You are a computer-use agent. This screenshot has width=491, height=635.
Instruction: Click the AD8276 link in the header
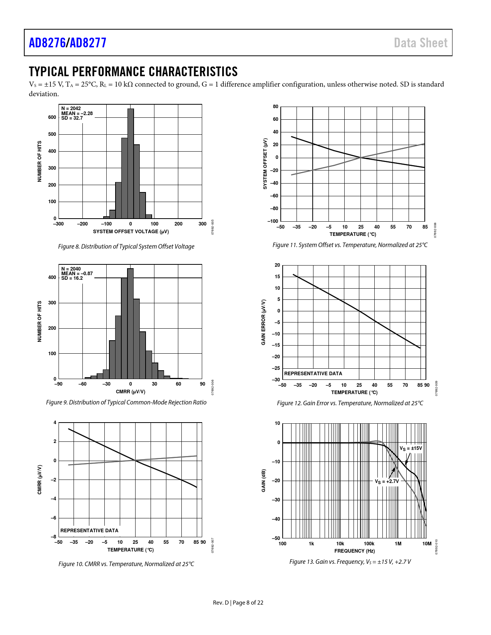tap(47, 43)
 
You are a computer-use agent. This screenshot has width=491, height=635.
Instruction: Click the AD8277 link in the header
tap(88, 43)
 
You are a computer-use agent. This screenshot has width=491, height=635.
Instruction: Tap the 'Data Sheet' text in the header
tap(421, 43)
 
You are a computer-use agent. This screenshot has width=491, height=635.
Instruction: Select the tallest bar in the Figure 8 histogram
tap(131, 163)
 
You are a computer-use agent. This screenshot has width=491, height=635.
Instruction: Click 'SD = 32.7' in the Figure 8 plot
tap(72, 118)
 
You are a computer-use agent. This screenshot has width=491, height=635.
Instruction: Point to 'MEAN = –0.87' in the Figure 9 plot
tap(77, 274)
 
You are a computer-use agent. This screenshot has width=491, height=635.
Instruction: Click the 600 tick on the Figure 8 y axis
tap(52, 117)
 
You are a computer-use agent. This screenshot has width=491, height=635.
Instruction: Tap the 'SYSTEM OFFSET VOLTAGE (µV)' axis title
tap(131, 231)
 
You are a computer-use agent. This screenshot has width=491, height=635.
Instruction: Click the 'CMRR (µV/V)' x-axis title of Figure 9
tap(131, 391)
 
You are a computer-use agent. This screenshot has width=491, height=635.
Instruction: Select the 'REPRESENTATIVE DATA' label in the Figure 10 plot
tap(89, 530)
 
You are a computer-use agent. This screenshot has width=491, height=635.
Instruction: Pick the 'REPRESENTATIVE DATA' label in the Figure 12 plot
tap(313, 373)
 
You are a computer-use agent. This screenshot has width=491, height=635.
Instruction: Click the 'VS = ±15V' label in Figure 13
tap(411, 449)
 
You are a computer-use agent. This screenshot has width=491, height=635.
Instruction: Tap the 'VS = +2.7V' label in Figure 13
tap(387, 481)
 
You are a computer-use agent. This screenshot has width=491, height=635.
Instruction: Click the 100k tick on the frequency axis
tap(369, 543)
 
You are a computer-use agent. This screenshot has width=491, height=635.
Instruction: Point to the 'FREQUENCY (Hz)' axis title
tap(354, 551)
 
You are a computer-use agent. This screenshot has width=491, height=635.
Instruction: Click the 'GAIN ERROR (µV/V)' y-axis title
tap(263, 322)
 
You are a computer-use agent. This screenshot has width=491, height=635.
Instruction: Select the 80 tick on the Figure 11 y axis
tap(275, 107)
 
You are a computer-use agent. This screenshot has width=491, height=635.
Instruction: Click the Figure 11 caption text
tap(350, 245)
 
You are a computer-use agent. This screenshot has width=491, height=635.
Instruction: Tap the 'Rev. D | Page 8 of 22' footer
tap(238, 603)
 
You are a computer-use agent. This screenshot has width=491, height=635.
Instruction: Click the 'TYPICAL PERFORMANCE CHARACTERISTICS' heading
tap(133, 72)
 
